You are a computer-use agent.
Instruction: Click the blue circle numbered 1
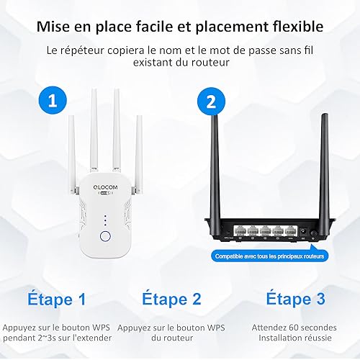(x=51, y=102)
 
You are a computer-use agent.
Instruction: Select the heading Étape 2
(x=171, y=299)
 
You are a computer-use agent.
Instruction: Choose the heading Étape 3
(x=295, y=299)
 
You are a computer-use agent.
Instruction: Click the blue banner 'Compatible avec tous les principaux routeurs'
(x=269, y=256)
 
